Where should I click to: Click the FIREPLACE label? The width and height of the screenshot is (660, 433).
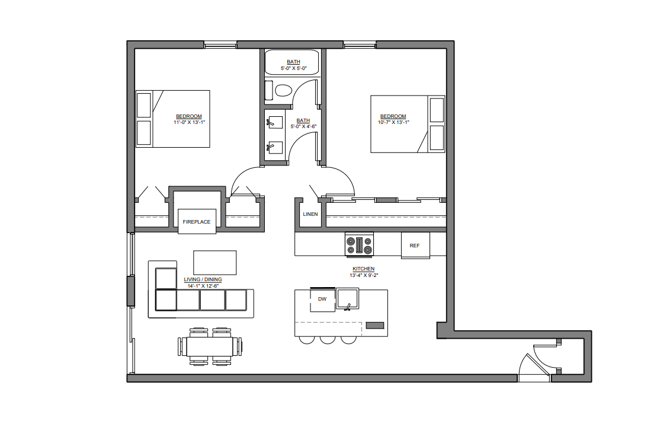pyautogui.click(x=196, y=222)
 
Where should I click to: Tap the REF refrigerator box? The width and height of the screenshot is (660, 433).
pyautogui.click(x=415, y=245)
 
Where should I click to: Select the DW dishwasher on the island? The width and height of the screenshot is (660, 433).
pyautogui.click(x=322, y=299)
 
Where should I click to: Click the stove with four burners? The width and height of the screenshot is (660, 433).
pyautogui.click(x=360, y=246)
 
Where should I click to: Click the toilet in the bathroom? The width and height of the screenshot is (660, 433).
pyautogui.click(x=283, y=91)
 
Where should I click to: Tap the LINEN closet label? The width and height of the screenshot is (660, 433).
pyautogui.click(x=310, y=214)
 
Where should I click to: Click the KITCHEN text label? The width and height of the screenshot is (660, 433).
pyautogui.click(x=364, y=269)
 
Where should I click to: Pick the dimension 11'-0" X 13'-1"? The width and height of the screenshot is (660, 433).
pyautogui.click(x=189, y=122)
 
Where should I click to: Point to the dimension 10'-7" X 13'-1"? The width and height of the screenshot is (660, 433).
pyautogui.click(x=393, y=122)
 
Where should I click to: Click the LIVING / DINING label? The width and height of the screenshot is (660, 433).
pyautogui.click(x=203, y=280)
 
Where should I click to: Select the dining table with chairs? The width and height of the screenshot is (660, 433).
pyautogui.click(x=210, y=345)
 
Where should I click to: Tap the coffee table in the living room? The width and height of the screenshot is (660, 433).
pyautogui.click(x=214, y=262)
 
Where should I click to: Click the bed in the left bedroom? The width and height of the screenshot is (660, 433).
pyautogui.click(x=173, y=119)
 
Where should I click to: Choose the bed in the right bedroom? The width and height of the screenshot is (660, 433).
pyautogui.click(x=408, y=124)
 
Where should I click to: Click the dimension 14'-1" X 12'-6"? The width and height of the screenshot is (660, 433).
pyautogui.click(x=203, y=286)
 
